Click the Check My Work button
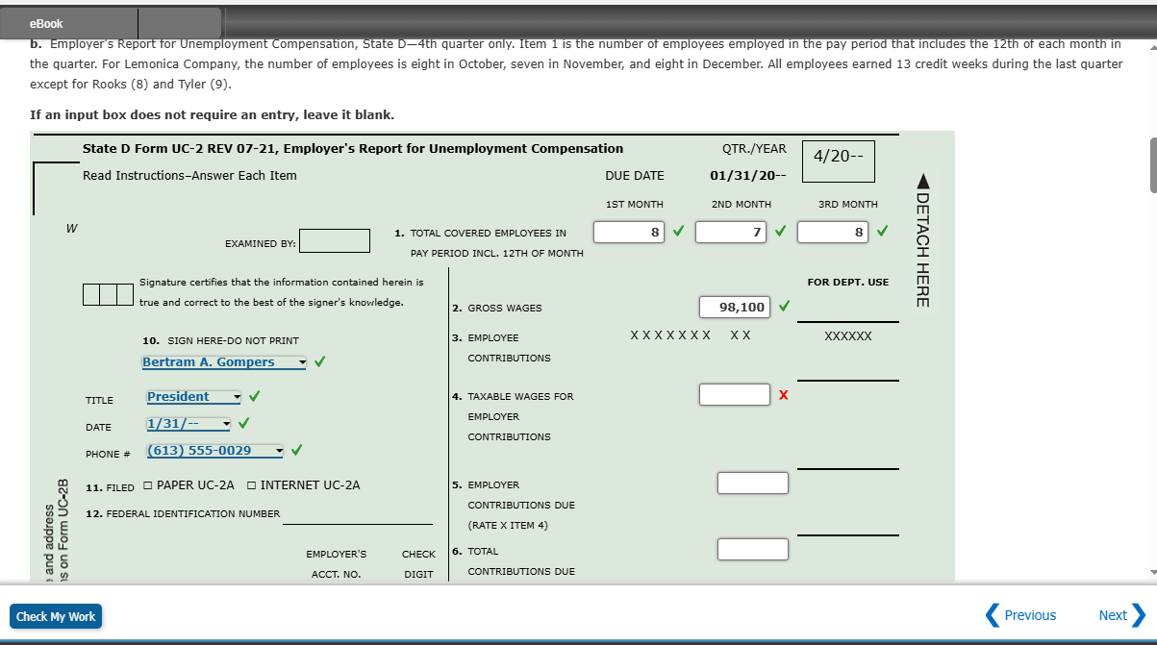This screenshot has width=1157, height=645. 56,616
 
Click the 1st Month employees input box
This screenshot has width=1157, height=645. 629,233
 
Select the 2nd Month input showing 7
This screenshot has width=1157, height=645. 730,233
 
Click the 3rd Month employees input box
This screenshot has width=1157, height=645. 834,233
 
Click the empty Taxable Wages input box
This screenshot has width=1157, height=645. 734,395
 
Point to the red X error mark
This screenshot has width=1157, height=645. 784,395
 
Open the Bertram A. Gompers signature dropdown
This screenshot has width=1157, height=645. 223,362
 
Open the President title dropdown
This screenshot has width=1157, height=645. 193,397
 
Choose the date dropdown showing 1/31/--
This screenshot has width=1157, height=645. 189,424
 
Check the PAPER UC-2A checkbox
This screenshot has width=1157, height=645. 148,485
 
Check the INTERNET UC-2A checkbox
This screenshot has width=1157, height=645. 252,485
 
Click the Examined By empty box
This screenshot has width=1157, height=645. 334,240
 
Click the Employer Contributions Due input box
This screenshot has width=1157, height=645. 752,483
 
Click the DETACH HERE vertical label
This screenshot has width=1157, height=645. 921,240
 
